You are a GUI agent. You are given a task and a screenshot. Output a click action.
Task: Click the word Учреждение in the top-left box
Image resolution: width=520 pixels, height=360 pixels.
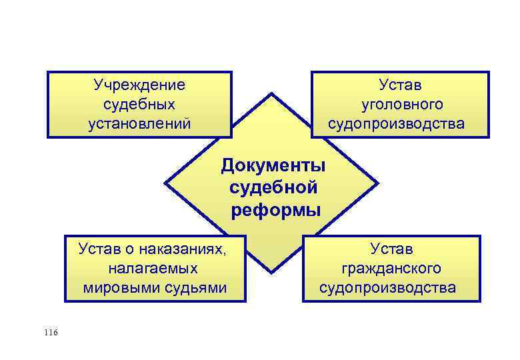(139, 85)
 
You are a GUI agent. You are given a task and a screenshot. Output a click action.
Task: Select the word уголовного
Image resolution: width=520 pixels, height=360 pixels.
(402, 105)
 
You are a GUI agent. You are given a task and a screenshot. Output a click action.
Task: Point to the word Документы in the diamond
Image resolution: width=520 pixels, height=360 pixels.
(273, 165)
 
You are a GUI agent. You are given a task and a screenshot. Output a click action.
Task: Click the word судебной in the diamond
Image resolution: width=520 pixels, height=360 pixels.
(273, 188)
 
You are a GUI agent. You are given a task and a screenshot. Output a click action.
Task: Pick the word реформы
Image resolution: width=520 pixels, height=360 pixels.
(276, 211)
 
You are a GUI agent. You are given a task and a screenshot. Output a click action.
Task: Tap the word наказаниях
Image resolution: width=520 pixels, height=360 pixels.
(187, 249)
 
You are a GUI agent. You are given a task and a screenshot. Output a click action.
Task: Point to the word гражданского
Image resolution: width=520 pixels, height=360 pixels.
(391, 268)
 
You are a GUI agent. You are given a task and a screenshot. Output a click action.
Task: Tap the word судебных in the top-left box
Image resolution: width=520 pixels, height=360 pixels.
(139, 105)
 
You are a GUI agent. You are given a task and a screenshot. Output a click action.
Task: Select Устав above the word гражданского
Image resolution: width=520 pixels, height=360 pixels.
(391, 249)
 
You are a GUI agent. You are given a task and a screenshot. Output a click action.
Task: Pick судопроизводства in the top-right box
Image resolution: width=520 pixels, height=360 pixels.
(396, 124)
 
